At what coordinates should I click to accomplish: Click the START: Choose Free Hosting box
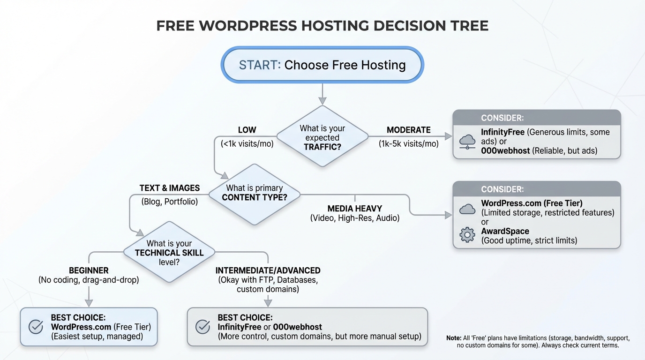point(322,65)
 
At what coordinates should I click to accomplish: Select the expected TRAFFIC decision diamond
point(322,137)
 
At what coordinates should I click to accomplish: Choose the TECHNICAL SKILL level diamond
point(169,253)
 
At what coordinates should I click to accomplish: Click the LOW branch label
point(247,130)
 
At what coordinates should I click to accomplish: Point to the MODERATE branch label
point(408,130)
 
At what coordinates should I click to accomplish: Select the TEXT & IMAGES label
point(169,188)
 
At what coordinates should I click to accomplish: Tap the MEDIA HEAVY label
point(354,208)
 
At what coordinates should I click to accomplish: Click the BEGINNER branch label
point(89,270)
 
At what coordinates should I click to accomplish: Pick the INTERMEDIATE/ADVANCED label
point(268,270)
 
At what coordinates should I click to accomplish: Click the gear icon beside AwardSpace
point(467,235)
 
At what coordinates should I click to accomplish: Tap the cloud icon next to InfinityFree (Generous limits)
point(467,140)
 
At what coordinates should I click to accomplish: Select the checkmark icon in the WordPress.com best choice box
point(36,327)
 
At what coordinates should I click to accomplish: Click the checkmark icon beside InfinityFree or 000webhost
point(202,327)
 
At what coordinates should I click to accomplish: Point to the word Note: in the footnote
point(454,338)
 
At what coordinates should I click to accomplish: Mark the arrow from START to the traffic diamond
point(322,94)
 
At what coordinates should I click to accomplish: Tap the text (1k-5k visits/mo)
point(408,144)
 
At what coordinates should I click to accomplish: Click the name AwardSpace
point(505,231)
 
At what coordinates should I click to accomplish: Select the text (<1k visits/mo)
point(247,144)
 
